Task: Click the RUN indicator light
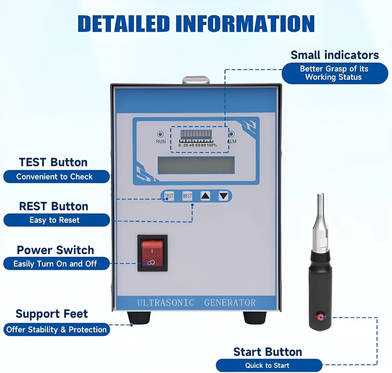point(160,134)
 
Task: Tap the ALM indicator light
point(231,134)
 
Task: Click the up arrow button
point(205,196)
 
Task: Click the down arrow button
point(223,196)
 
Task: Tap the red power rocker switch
point(152,253)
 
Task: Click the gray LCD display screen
point(196,165)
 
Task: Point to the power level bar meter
point(196,135)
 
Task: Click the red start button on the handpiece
point(321,317)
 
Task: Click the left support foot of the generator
point(139,317)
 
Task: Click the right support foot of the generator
point(255,317)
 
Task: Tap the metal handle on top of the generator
point(196,80)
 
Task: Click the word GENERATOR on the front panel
point(230,303)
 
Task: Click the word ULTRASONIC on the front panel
point(166,303)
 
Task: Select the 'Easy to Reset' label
point(55,220)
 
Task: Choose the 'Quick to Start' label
point(267,365)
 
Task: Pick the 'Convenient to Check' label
point(55,177)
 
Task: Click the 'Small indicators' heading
point(335,55)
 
